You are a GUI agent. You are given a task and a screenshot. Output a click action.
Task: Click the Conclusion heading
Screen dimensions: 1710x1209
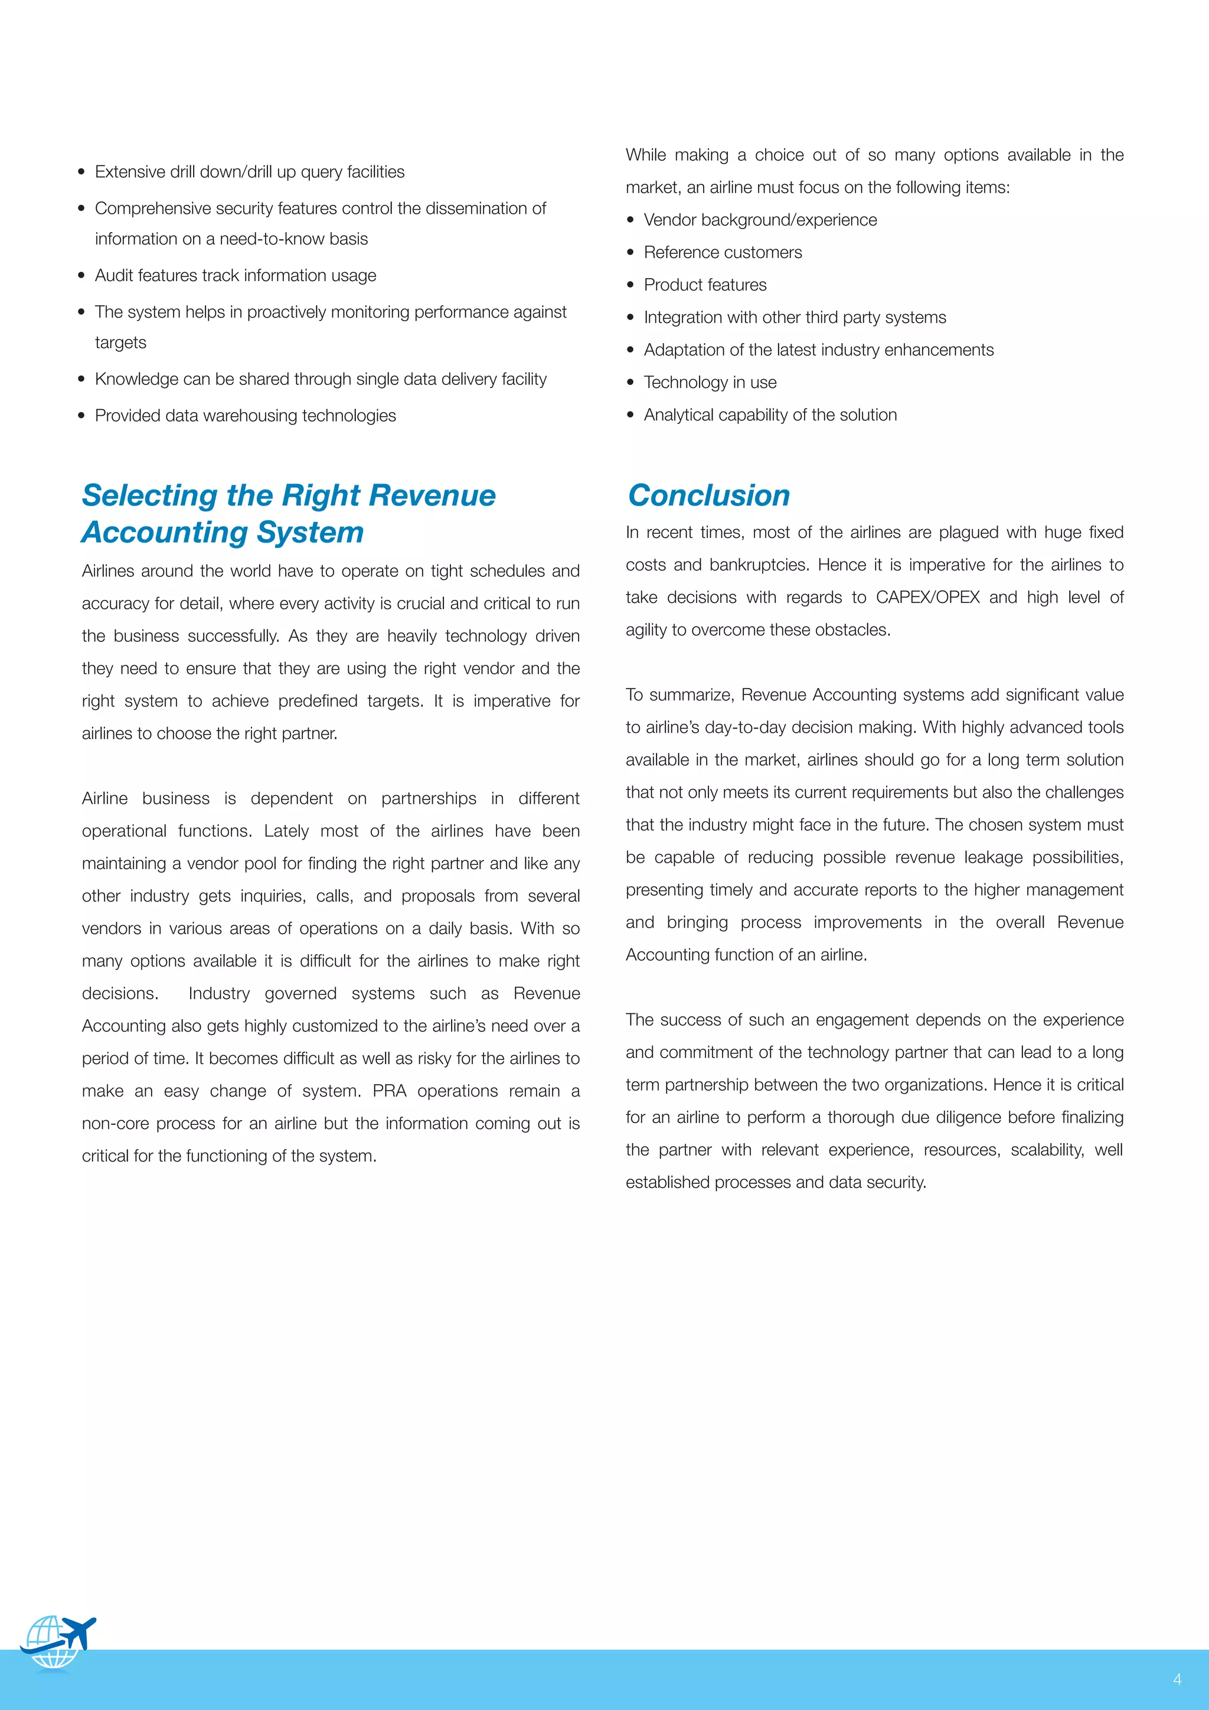point(709,496)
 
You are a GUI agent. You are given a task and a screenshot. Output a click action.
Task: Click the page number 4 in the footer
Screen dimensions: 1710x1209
point(1177,1679)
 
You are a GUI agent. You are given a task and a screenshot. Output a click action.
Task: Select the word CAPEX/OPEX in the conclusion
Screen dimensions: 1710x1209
point(927,598)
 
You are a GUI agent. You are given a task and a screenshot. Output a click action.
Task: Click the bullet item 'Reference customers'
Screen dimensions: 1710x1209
point(722,253)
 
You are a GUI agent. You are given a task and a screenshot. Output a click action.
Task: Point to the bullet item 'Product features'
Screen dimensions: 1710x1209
point(704,285)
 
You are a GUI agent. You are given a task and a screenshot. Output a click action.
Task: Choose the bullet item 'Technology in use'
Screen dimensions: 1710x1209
point(710,382)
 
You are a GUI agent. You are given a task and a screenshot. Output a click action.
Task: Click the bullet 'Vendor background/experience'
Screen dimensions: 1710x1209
point(759,220)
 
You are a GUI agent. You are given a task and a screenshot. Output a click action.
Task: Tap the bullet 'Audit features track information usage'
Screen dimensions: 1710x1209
point(236,276)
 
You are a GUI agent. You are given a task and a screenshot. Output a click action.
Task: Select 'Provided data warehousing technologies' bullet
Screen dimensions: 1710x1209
point(245,416)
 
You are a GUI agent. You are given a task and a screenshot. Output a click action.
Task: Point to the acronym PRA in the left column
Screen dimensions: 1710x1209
point(390,1091)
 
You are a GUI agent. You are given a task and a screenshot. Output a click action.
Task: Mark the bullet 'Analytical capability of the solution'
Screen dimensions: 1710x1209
point(770,415)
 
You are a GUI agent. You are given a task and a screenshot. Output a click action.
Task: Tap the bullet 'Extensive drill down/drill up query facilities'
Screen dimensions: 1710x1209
point(249,172)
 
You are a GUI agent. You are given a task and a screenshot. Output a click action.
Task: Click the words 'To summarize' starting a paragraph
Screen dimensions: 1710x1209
point(679,695)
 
